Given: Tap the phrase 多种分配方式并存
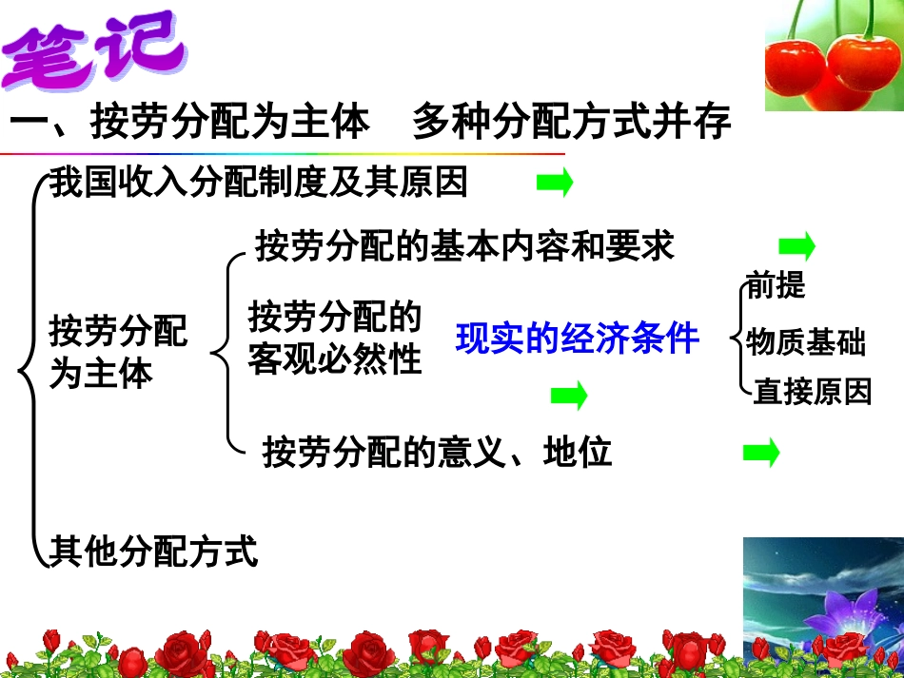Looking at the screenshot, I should (x=571, y=123).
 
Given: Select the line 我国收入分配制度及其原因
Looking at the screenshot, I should (x=259, y=182).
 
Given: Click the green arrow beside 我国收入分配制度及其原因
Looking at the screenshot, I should (x=555, y=183).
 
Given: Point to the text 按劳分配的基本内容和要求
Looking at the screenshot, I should (x=464, y=245).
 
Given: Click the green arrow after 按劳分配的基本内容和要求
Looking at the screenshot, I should (x=796, y=247).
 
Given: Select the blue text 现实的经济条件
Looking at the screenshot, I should (x=577, y=339).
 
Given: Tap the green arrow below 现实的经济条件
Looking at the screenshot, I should (x=569, y=395).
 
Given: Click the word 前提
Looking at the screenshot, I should (x=776, y=285).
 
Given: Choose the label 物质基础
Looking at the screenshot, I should (x=805, y=341).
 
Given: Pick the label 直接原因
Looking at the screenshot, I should (x=812, y=391).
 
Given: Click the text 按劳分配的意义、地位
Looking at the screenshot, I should (x=437, y=453).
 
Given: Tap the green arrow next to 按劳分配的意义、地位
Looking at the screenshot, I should (x=760, y=454).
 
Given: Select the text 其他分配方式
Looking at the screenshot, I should (x=153, y=551).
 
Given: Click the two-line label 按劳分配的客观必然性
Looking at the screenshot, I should (x=334, y=338).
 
